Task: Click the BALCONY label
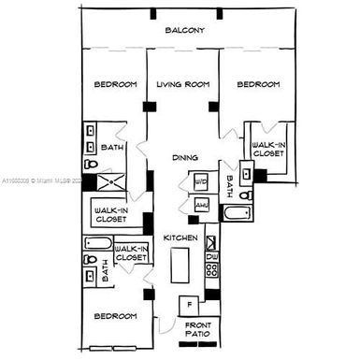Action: point(184,31)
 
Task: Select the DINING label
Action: point(183,157)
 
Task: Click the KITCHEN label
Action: point(180,238)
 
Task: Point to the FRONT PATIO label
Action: point(197,329)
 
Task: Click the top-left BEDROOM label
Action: point(116,85)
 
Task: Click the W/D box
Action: point(202,181)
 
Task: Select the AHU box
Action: point(202,204)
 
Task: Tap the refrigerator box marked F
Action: point(190,304)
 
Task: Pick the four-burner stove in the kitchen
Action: point(211,272)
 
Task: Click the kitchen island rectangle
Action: point(180,271)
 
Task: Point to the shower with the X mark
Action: point(116,183)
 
